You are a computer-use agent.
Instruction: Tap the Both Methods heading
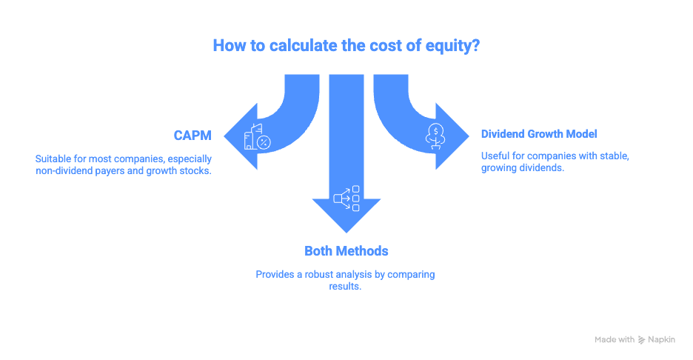[x=346, y=250]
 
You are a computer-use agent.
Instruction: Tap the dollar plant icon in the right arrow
[x=436, y=136]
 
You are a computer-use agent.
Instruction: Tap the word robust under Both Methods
[x=324, y=274]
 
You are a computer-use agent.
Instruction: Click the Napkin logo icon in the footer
[x=641, y=340]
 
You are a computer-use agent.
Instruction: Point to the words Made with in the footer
[x=614, y=340]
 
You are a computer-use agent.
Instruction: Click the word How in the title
[x=227, y=45]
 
